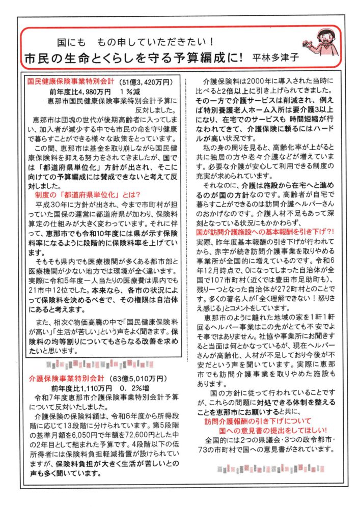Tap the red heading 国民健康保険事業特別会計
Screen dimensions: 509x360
coord(69,81)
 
